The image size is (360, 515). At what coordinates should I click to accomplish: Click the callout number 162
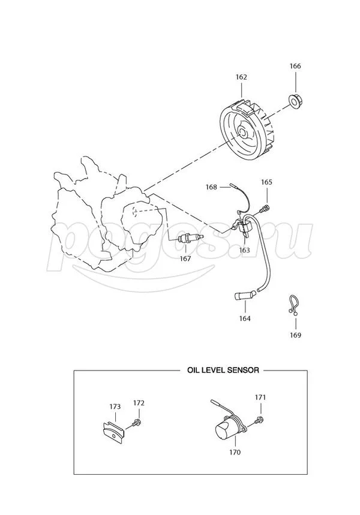[x=241, y=77]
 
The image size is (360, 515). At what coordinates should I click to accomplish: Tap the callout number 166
[x=295, y=66]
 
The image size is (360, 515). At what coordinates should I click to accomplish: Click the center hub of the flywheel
[x=242, y=132]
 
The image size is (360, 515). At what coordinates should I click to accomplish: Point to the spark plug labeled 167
[x=190, y=238]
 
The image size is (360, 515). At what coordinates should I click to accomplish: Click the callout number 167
[x=185, y=258]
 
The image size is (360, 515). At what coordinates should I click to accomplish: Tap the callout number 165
[x=266, y=182]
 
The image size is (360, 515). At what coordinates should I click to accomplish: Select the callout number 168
[x=211, y=187]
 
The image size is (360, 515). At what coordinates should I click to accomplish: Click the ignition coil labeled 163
[x=242, y=225]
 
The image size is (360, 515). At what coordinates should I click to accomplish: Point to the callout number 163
[x=244, y=250]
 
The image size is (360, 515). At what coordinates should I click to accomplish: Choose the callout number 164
[x=245, y=318]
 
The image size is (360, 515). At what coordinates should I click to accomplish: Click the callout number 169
[x=295, y=335]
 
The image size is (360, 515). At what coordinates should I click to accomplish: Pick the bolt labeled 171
[x=259, y=420]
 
